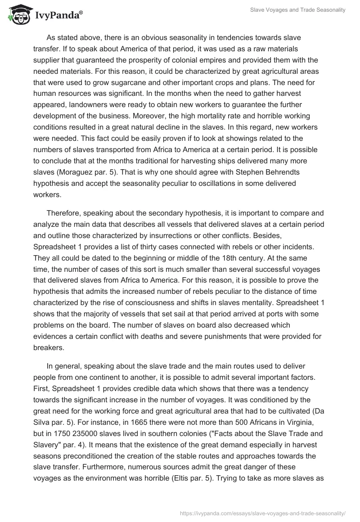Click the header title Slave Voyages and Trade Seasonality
pos(298,10)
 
